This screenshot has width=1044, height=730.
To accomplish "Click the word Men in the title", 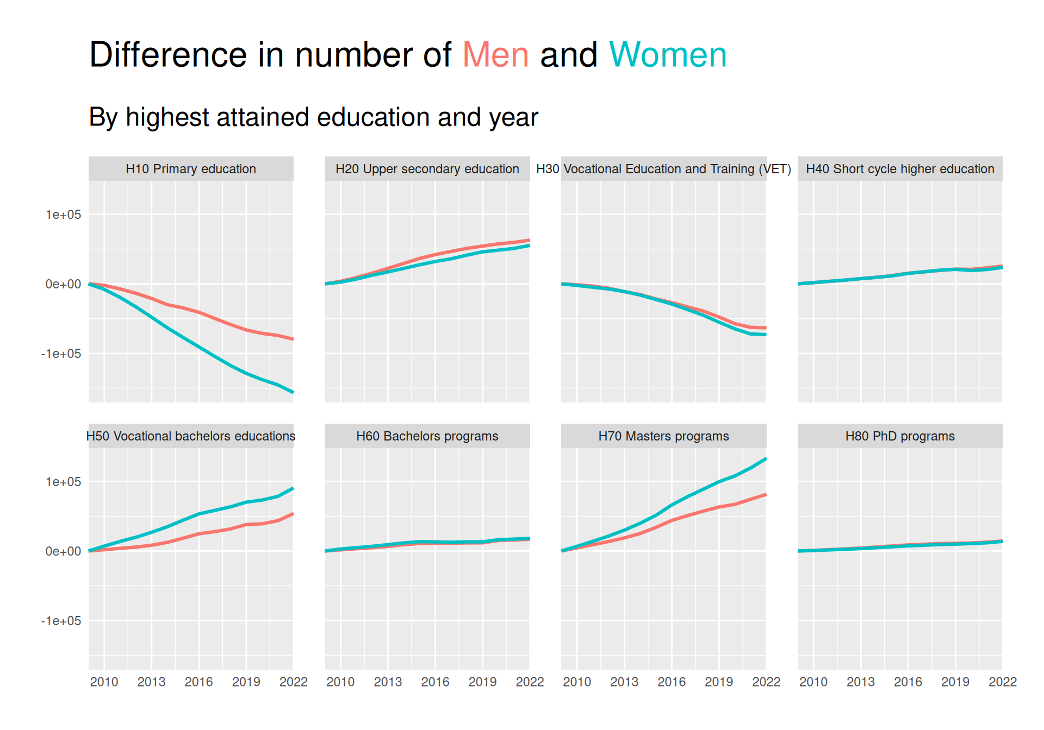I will pyautogui.click(x=495, y=55).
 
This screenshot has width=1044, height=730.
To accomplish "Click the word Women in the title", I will pyautogui.click(x=668, y=55).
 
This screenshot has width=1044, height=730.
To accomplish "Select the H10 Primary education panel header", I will pyautogui.click(x=191, y=169).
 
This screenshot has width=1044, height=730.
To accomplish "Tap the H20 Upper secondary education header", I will pyautogui.click(x=427, y=169).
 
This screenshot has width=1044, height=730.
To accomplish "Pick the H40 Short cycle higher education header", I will pyautogui.click(x=900, y=169).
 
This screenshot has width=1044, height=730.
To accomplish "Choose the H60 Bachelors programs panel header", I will pyautogui.click(x=427, y=436).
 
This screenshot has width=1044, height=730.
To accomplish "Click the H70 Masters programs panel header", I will pyautogui.click(x=663, y=436).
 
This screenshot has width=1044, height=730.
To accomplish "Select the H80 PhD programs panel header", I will pyautogui.click(x=900, y=436).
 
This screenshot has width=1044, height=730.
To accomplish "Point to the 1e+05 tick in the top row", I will pyautogui.click(x=63, y=215).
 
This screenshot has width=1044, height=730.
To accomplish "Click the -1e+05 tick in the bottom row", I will pyautogui.click(x=61, y=621).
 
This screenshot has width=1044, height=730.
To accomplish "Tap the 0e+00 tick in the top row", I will pyautogui.click(x=63, y=284).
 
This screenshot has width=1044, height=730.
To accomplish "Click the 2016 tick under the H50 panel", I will pyautogui.click(x=198, y=682).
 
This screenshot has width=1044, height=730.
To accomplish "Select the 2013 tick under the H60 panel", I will pyautogui.click(x=388, y=682).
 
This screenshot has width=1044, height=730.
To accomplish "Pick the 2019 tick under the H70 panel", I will pyautogui.click(x=719, y=682).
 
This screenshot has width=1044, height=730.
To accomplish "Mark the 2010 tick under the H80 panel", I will pyautogui.click(x=813, y=682).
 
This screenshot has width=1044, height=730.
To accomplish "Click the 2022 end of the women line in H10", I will pyautogui.click(x=293, y=392).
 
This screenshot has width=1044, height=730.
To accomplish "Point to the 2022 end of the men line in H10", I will pyautogui.click(x=293, y=339).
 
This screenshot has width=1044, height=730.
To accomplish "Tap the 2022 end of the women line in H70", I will pyautogui.click(x=766, y=459).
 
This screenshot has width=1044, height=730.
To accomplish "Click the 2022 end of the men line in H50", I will pyautogui.click(x=293, y=514).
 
